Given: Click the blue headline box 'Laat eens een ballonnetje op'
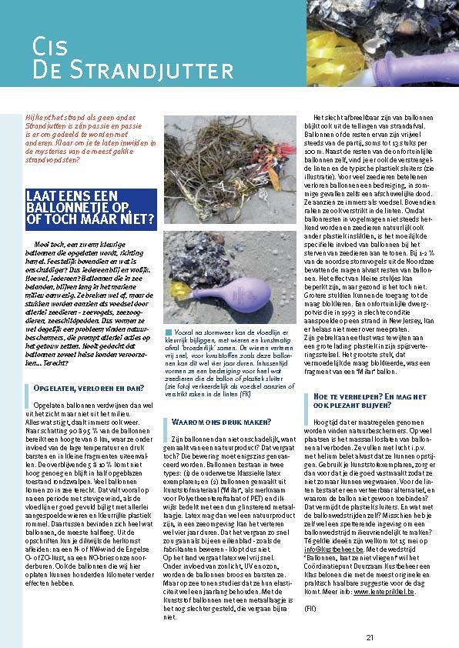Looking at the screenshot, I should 91,209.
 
